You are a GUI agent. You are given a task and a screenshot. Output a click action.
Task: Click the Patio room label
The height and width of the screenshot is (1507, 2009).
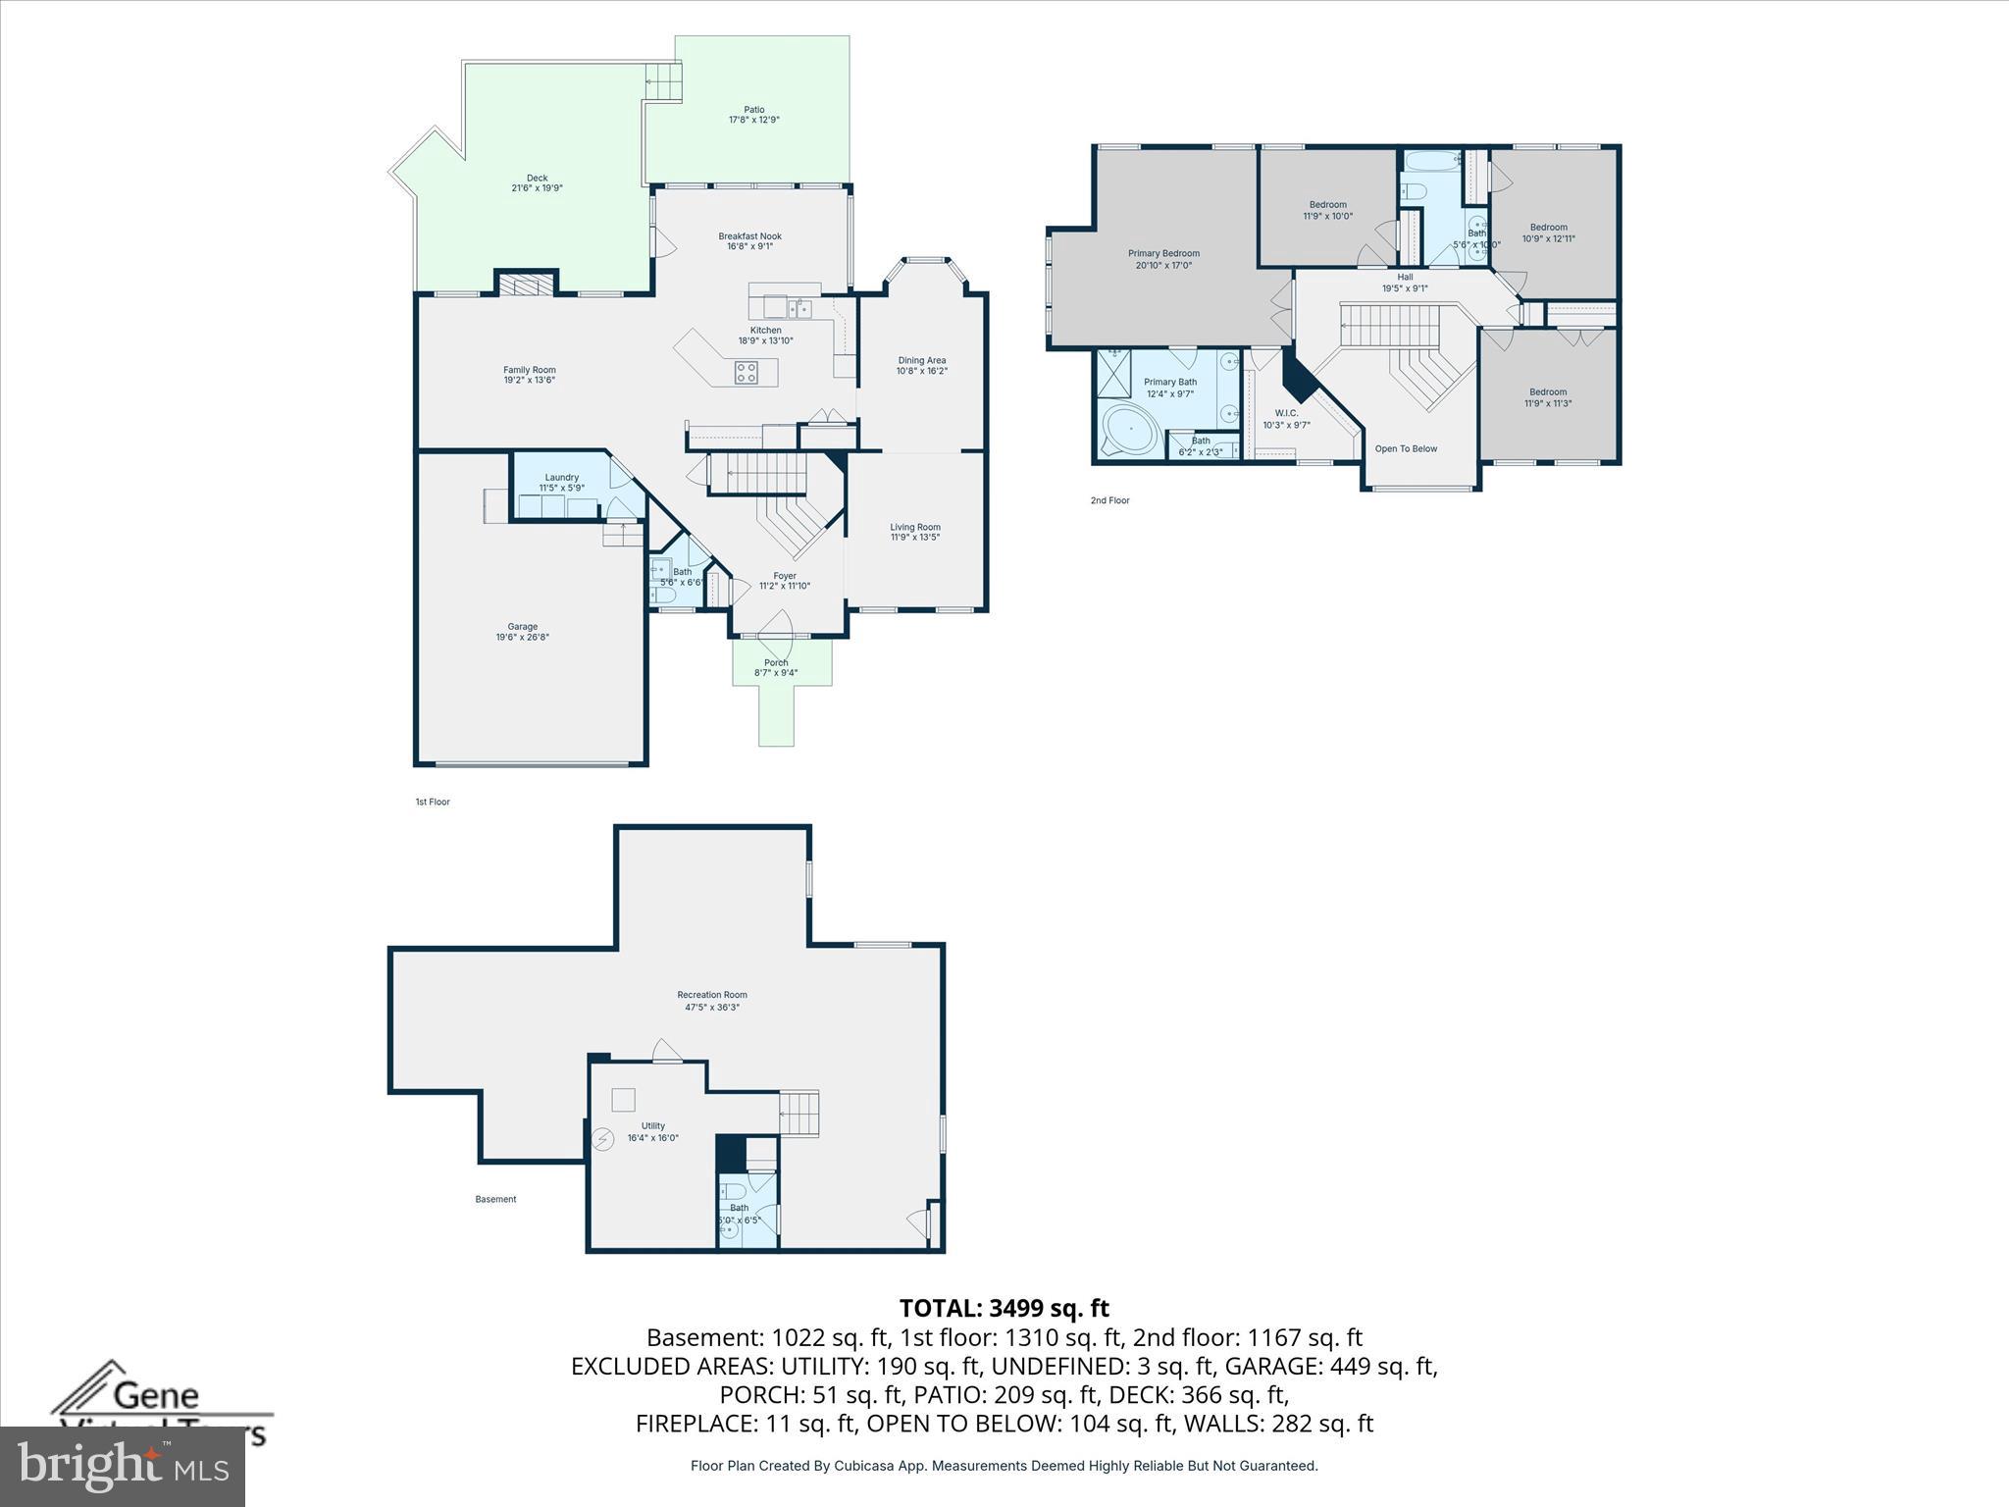tap(753, 110)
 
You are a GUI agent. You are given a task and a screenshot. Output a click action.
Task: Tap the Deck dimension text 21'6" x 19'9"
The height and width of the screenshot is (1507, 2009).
tap(537, 188)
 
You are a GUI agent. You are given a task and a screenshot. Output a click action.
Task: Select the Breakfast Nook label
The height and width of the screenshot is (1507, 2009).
tap(749, 236)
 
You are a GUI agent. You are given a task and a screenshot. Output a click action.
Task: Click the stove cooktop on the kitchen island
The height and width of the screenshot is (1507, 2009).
tap(747, 372)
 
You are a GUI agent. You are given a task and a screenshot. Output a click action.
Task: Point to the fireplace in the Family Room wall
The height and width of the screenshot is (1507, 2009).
tap(526, 285)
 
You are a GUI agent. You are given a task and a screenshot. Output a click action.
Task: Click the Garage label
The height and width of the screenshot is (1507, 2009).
tap(522, 627)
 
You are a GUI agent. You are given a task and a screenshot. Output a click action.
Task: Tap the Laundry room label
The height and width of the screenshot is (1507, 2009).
tap(561, 478)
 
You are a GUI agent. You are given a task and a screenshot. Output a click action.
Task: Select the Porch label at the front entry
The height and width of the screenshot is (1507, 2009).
tap(776, 663)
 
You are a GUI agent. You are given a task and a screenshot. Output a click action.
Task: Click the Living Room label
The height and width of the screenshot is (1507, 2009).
tap(914, 528)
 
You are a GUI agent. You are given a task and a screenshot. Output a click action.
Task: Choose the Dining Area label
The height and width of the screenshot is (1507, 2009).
tap(921, 361)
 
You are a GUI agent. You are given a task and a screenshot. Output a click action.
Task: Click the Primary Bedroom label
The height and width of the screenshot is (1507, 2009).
tap(1163, 254)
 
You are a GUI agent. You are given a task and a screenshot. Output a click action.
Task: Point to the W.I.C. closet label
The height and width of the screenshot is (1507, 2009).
tap(1286, 414)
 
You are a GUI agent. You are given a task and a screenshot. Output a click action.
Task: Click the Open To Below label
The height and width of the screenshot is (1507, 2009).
tap(1406, 449)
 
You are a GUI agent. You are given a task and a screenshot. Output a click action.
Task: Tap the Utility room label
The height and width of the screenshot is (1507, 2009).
tap(653, 1126)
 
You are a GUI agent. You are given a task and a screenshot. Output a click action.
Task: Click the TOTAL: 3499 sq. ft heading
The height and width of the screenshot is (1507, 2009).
tap(1004, 1308)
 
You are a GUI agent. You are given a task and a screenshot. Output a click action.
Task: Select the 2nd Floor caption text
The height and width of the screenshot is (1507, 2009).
tap(1109, 500)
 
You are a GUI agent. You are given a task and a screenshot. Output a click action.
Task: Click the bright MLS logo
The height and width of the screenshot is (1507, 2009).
tap(123, 1465)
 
